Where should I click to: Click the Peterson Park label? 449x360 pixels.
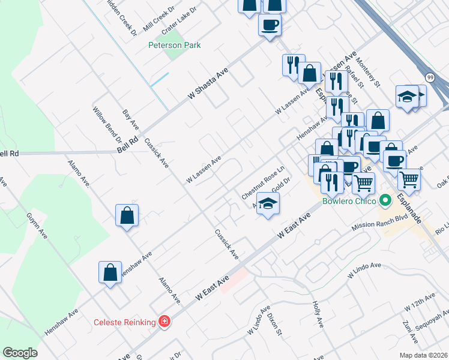pyautogui.click(x=175, y=45)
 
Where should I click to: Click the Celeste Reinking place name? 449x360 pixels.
pyautogui.click(x=125, y=322)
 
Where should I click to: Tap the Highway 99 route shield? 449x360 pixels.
pyautogui.click(x=430, y=77)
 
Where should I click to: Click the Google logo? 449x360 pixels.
pyautogui.click(x=20, y=353)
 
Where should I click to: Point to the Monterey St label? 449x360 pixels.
pyautogui.click(x=367, y=71)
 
